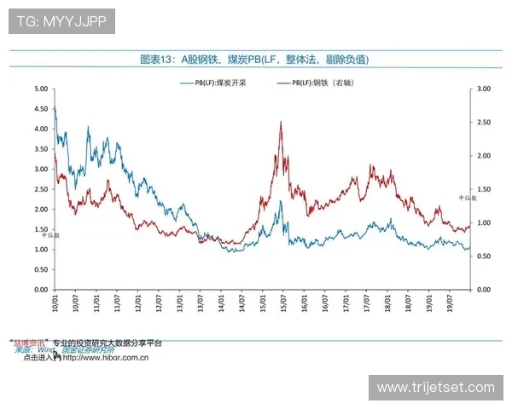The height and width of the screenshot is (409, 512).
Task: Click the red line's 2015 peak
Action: [x=281, y=122]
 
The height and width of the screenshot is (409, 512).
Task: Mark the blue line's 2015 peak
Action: [x=280, y=201]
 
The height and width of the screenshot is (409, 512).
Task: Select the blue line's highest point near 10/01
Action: [x=55, y=106]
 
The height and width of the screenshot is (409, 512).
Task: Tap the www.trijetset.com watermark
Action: [x=435, y=388]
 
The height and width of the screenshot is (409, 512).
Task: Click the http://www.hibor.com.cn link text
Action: [x=107, y=358]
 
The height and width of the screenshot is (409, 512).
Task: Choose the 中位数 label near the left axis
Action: [x=51, y=233]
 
